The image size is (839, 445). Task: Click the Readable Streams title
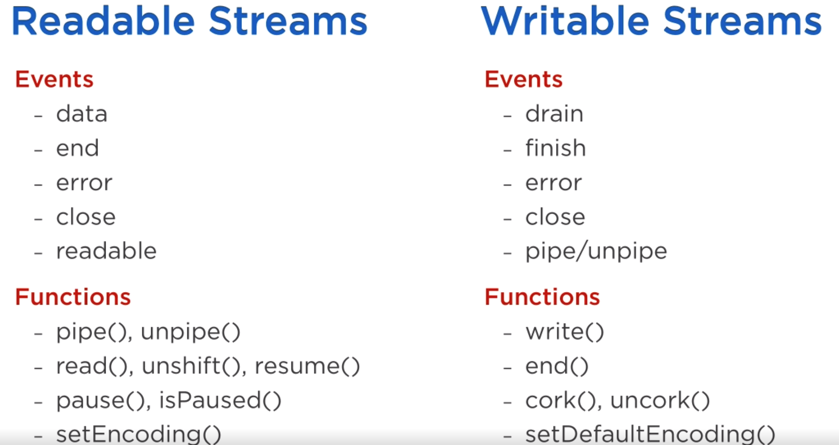pyautogui.click(x=190, y=21)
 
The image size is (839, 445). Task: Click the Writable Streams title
pyautogui.click(x=651, y=21)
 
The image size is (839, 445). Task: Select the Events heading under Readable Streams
pyautogui.click(x=54, y=79)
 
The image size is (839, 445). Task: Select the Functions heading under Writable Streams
pyautogui.click(x=542, y=297)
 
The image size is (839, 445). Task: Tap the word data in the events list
pyautogui.click(x=82, y=113)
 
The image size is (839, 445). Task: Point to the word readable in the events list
pyautogui.click(x=106, y=251)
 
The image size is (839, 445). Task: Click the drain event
pyautogui.click(x=555, y=113)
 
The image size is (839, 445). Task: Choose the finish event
pyautogui.click(x=556, y=148)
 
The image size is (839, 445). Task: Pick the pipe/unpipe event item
pyautogui.click(x=596, y=252)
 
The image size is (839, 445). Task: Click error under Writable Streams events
pyautogui.click(x=554, y=183)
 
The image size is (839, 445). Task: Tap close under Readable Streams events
pyautogui.click(x=86, y=217)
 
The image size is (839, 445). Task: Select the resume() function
pyautogui.click(x=307, y=366)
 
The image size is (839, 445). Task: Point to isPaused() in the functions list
pyautogui.click(x=220, y=400)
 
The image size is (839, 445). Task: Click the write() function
pyautogui.click(x=565, y=332)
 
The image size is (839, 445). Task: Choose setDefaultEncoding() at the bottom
pyautogui.click(x=650, y=434)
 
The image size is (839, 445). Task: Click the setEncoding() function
pyautogui.click(x=139, y=434)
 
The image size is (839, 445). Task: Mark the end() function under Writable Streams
pyautogui.click(x=557, y=366)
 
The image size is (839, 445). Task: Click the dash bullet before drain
pyautogui.click(x=507, y=116)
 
